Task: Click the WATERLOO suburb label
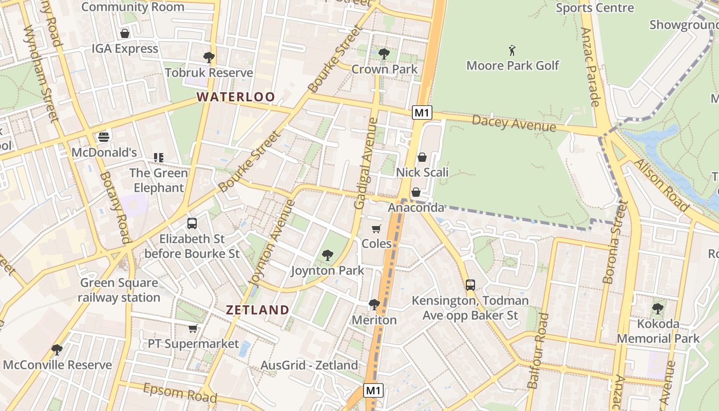pos(236,97)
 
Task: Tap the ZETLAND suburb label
pos(258,310)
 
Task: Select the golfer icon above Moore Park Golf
pos(512,50)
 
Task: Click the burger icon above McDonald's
pos(104,137)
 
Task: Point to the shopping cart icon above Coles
pos(376,229)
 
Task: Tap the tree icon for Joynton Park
pos(327,255)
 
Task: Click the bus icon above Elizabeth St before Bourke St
pos(192,223)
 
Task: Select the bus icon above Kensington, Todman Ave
pos(470,285)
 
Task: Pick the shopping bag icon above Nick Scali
pos(422,157)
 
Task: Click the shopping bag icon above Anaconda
pos(416,192)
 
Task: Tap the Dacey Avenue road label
pos(514,123)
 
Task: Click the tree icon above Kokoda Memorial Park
pos(657,309)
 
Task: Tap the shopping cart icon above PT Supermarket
pos(193,328)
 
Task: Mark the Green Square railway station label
pos(119,290)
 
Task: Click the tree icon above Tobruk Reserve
pos(209,57)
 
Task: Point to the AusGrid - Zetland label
pos(309,365)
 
